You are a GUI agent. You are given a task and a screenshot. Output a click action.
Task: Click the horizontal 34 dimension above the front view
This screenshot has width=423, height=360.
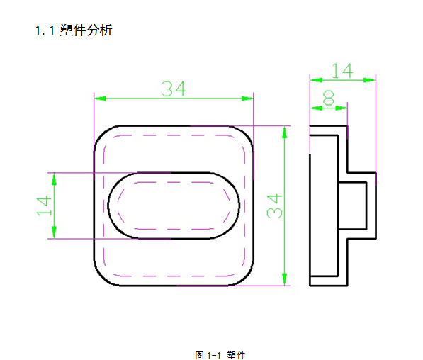174,89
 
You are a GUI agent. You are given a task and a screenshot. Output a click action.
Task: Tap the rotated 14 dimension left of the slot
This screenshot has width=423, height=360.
44,206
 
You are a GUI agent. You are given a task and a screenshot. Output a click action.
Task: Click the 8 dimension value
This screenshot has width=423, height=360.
329,99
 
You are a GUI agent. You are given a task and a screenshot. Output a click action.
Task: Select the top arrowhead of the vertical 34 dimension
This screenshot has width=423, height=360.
284,132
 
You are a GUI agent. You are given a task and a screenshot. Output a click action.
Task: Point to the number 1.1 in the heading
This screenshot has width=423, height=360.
45,30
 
